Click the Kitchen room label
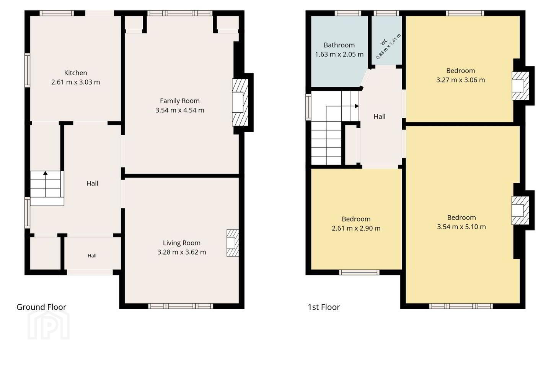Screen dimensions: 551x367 coord(75,73)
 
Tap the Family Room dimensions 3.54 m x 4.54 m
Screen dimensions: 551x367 coord(179,110)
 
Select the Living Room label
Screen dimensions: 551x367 coord(181,243)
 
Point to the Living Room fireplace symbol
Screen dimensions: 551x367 coord(233,243)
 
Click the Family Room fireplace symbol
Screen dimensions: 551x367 coord(240,102)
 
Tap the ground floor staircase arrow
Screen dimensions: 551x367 coord(45,184)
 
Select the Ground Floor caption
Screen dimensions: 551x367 coord(41,307)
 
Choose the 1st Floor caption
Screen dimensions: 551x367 coord(324,307)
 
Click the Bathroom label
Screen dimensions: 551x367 coord(339,45)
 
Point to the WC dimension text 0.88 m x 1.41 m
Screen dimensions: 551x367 coord(389,47)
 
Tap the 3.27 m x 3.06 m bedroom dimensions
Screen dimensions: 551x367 coord(460,80)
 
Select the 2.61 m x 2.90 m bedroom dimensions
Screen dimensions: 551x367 coord(356,228)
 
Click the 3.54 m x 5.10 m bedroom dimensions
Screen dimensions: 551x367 coord(461,227)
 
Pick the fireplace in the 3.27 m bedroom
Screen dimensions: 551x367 coord(520,86)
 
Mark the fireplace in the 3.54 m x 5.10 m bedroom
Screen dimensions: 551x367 coord(520,210)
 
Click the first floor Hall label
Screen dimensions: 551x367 coord(379,117)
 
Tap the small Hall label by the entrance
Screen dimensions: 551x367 coord(92,256)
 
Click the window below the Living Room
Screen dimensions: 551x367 coord(181,306)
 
